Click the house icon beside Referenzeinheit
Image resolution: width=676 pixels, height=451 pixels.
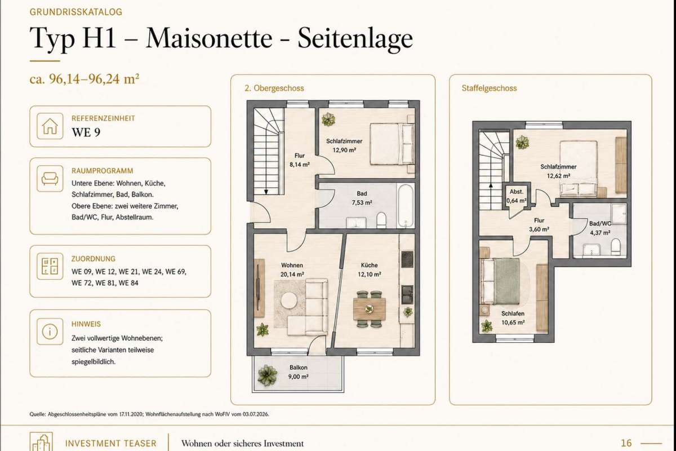[x=50, y=126]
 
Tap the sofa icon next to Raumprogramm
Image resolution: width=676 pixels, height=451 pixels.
[x=50, y=179]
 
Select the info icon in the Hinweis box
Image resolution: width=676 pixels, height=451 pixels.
[x=50, y=331]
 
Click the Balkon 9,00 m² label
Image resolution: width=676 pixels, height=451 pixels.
[x=299, y=372]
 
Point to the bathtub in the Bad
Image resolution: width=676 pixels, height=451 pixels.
[x=405, y=206]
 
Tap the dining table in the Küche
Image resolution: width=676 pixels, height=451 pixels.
[x=369, y=309]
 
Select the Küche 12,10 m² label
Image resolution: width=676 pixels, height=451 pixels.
[x=370, y=269]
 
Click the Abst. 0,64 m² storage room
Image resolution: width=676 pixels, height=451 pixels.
[x=517, y=196]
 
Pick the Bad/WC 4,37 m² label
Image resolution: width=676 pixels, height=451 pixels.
[x=600, y=228]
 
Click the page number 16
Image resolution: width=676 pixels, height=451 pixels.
[x=626, y=443]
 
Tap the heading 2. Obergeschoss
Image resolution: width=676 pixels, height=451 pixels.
[x=274, y=88]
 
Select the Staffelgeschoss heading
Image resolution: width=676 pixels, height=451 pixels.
[x=489, y=88]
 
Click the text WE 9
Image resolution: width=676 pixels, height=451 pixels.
[x=86, y=132]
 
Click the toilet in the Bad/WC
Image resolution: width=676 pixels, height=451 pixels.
[x=615, y=246]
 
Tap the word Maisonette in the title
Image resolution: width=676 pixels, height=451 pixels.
[x=209, y=38]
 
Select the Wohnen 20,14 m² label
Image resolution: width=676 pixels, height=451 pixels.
[x=292, y=269]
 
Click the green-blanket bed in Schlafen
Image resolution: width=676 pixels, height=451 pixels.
[x=501, y=281]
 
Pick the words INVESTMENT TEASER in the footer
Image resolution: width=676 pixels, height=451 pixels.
[x=111, y=444]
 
